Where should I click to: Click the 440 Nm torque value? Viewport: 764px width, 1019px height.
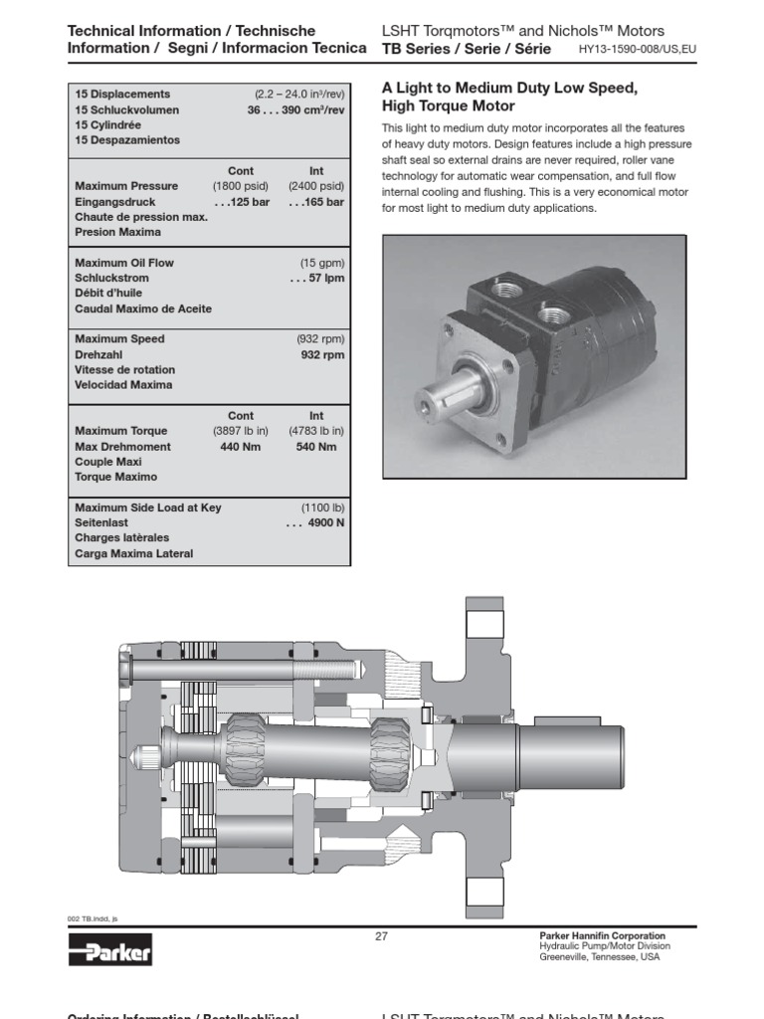tap(239, 447)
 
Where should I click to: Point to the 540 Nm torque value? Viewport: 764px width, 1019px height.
tap(316, 447)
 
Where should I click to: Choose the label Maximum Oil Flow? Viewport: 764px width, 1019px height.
tap(124, 263)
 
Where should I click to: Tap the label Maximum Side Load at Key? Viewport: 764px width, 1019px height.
tap(148, 508)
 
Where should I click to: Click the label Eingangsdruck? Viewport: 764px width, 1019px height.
tap(116, 202)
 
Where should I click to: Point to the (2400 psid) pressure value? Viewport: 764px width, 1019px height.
tap(316, 186)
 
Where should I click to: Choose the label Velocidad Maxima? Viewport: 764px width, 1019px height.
tap(123, 385)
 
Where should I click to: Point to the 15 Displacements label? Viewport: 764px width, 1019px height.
tap(122, 95)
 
